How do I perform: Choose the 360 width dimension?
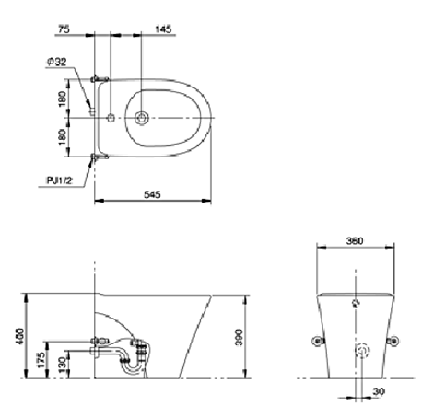[354, 241]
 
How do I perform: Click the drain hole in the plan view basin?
[142, 118]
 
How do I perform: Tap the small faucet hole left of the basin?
[111, 118]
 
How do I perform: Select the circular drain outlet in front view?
[363, 351]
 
